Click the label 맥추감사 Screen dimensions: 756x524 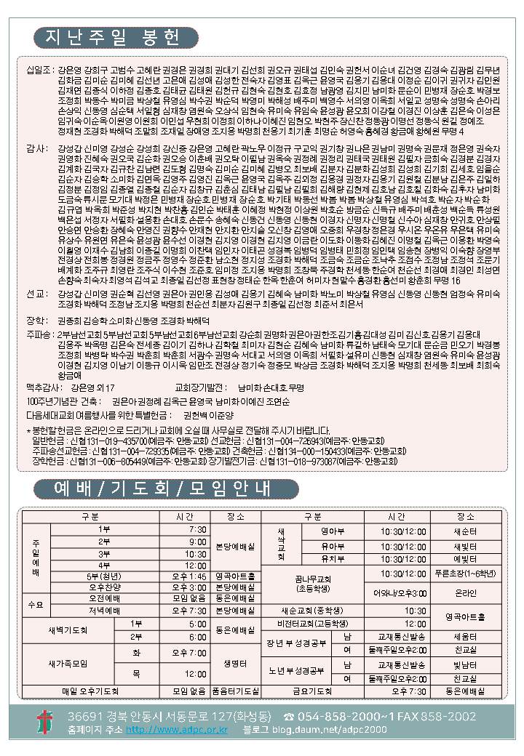pyautogui.click(x=41, y=388)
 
